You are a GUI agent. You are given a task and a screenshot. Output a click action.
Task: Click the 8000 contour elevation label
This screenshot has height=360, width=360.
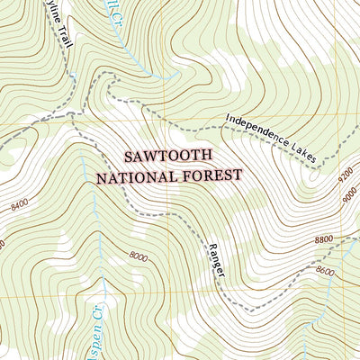coord(138,256)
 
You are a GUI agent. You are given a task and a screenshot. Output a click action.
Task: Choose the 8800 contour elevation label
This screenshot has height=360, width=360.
coord(324,239)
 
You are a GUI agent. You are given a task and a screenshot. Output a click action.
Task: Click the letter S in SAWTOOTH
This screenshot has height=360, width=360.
coord(129,155)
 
